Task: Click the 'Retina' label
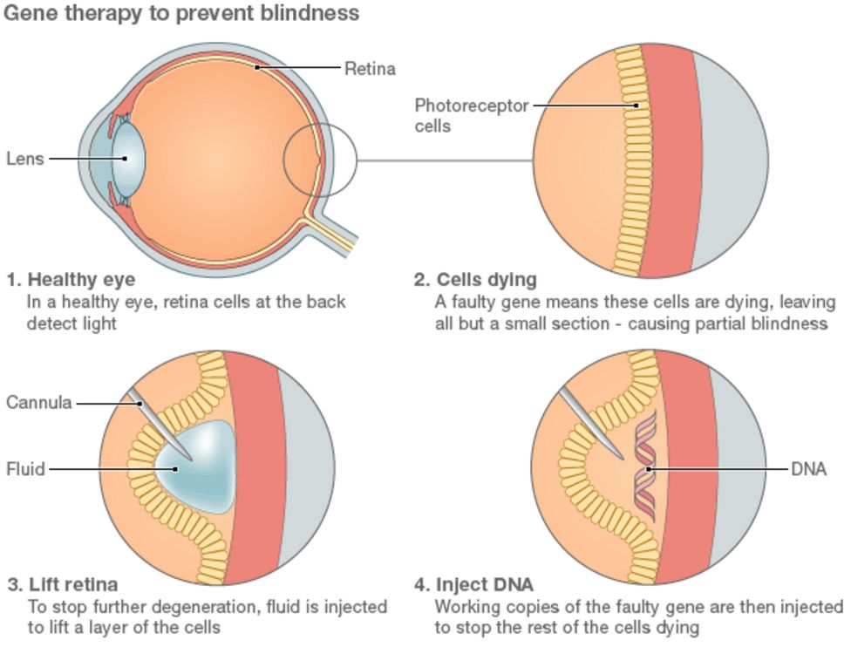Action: (x=370, y=68)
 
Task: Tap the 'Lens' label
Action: (x=24, y=159)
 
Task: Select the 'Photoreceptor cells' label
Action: (x=471, y=115)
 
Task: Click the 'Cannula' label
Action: (x=38, y=403)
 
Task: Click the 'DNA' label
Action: (x=808, y=469)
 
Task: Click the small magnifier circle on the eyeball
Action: (x=320, y=159)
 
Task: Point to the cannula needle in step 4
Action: (x=590, y=424)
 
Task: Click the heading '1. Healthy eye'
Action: (x=71, y=280)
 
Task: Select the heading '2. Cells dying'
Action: (x=475, y=280)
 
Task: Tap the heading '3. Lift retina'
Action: (x=63, y=583)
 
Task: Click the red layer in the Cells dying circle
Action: (x=667, y=157)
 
